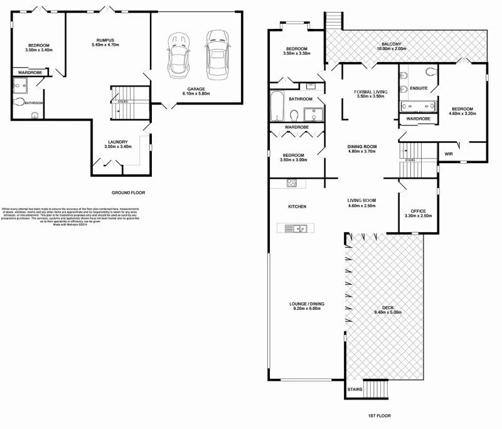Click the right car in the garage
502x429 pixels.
(x=216, y=53)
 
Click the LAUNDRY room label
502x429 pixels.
(x=118, y=144)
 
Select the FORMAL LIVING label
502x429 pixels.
(x=370, y=93)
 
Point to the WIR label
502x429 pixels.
(x=449, y=153)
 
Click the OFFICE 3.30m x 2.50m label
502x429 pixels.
(x=418, y=213)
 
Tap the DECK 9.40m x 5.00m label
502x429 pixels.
(x=387, y=310)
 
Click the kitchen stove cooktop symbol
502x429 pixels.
(x=292, y=183)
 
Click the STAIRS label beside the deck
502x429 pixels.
(x=354, y=389)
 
